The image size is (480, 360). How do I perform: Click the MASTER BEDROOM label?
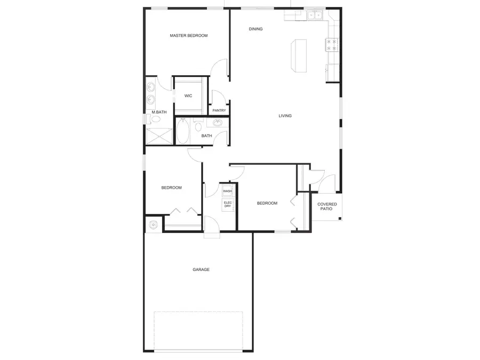tap(188, 36)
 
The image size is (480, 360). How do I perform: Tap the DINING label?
tap(255, 29)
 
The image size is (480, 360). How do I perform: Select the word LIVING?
tap(285, 116)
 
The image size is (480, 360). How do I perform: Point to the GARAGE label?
tap(201, 269)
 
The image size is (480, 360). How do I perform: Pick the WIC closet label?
tap(188, 96)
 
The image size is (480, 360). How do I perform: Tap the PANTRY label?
tap(219, 110)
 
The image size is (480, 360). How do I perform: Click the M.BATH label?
tap(159, 112)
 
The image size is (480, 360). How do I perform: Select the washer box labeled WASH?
tap(228, 191)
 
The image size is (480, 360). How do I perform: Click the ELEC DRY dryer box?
tap(228, 205)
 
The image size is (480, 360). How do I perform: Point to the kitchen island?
tap(299, 55)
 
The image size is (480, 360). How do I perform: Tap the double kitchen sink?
tap(315, 15)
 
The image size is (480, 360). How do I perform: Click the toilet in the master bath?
tap(149, 119)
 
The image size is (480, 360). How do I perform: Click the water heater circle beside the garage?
tap(154, 225)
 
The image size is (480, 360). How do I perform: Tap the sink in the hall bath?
tap(218, 124)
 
